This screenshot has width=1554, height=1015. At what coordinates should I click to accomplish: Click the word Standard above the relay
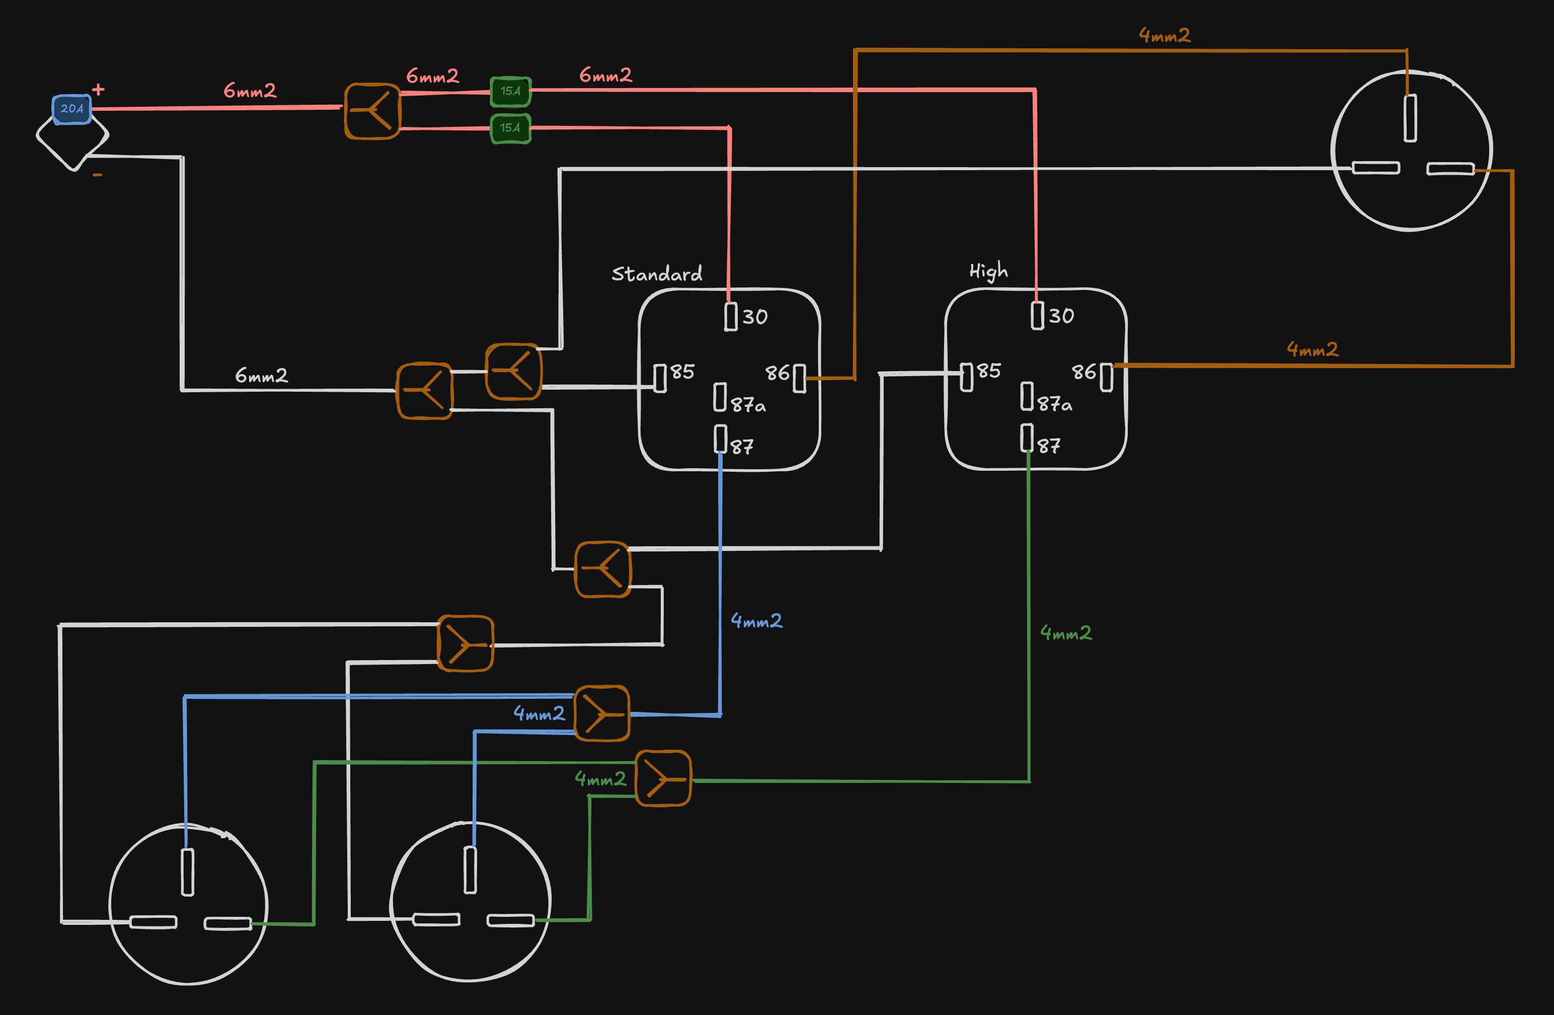pos(656,274)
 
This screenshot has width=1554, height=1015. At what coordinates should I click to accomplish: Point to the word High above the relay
pos(988,270)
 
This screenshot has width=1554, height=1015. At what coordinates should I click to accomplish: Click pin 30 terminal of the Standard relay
pos(731,316)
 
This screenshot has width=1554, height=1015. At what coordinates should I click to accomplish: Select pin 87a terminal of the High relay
pos(1027,396)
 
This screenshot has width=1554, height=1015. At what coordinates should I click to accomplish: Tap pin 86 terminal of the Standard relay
pos(799,379)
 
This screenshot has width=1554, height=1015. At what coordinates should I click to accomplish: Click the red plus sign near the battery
pos(98,89)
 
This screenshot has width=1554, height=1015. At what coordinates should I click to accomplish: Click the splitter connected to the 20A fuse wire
pos(372,111)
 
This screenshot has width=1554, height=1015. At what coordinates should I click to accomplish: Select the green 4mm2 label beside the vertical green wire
pos(1065,633)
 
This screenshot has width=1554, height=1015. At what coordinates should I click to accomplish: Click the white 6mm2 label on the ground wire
pos(261,376)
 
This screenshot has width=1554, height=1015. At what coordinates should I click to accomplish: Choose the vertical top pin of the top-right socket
pos(1411,118)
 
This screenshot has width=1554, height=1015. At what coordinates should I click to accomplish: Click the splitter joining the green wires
pos(663,778)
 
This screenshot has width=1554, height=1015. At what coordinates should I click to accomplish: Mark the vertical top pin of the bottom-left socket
pos(187,872)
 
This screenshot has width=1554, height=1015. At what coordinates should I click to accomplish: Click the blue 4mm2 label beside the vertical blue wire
pos(756,620)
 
